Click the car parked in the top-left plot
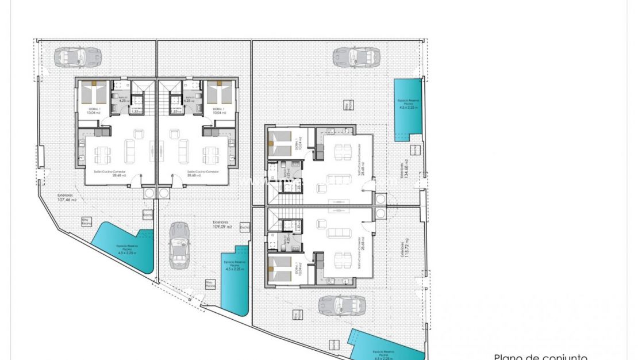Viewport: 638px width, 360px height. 78,57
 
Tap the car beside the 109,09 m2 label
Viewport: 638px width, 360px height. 179,244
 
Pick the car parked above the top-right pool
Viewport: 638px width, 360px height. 356,56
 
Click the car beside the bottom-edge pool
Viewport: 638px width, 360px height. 342,305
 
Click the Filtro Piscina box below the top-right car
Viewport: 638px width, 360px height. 347,104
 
